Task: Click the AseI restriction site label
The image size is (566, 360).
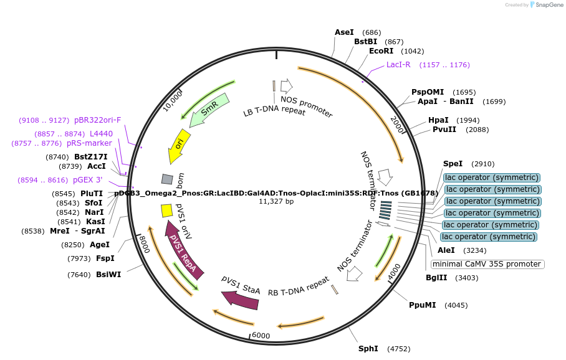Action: point(344,32)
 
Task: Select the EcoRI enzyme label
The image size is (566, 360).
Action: point(381,51)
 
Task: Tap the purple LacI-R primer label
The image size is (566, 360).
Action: point(398,64)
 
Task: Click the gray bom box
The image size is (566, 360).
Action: point(167,179)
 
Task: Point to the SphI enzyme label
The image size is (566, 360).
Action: point(368,348)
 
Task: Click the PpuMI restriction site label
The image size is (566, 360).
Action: point(422,305)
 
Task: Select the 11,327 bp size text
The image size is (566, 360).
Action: point(276,201)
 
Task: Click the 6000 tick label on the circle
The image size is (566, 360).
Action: point(261,335)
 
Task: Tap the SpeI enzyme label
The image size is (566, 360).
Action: point(453,164)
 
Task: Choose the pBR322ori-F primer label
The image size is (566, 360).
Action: point(98,120)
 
